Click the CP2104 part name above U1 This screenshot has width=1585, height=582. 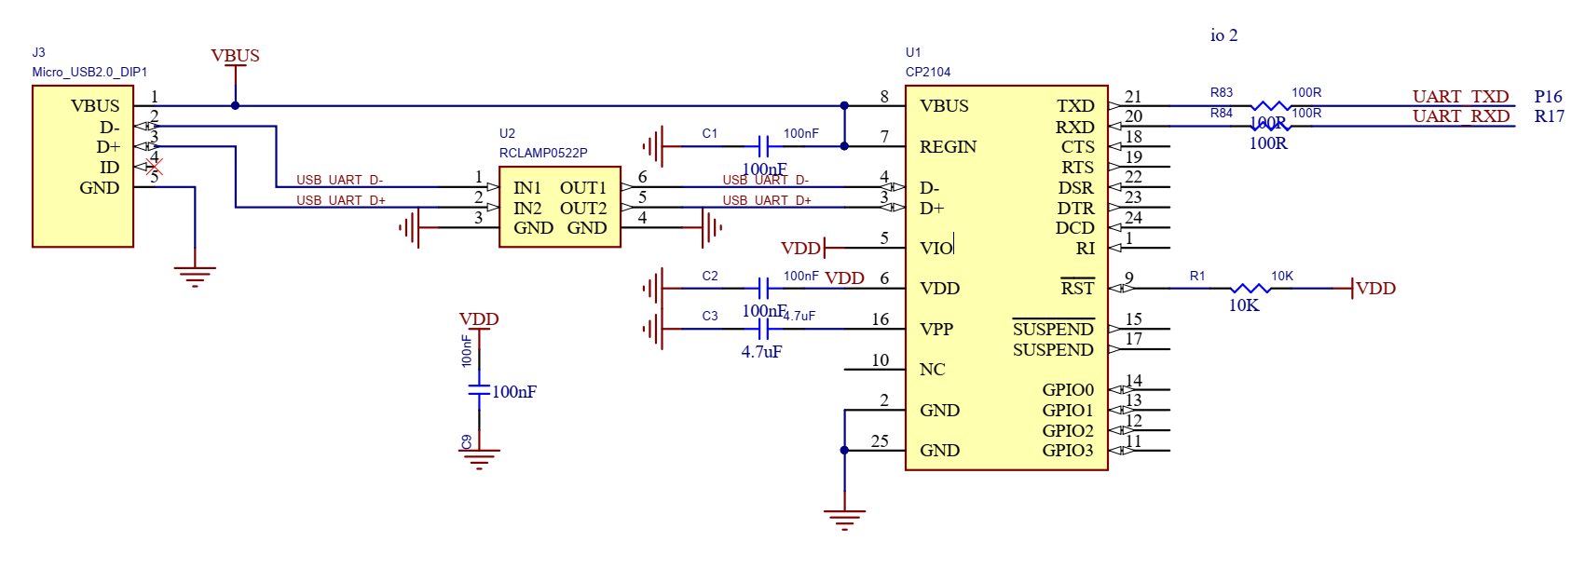click(927, 72)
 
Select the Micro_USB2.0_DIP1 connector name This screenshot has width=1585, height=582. click(89, 72)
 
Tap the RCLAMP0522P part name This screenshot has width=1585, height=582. click(542, 153)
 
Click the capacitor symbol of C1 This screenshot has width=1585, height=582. click(763, 146)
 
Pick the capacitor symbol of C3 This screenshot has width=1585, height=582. click(763, 329)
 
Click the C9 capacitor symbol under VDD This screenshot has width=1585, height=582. click(479, 390)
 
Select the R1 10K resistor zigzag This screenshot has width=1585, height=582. click(1250, 289)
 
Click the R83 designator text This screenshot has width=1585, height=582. click(1221, 92)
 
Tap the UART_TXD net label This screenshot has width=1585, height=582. click(1460, 97)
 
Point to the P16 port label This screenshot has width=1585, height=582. click(1548, 97)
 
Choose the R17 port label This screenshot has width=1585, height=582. click(1549, 116)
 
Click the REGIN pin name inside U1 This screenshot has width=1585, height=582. click(948, 147)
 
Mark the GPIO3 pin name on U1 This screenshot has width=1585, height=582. click(1067, 451)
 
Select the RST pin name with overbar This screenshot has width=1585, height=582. click(1077, 288)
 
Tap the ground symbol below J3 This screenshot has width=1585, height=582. click(195, 276)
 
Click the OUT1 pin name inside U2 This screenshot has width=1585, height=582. click(582, 188)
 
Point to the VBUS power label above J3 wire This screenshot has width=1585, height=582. click(235, 56)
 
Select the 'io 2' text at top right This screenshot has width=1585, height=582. click(1223, 35)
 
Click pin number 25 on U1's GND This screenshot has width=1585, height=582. click(880, 441)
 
